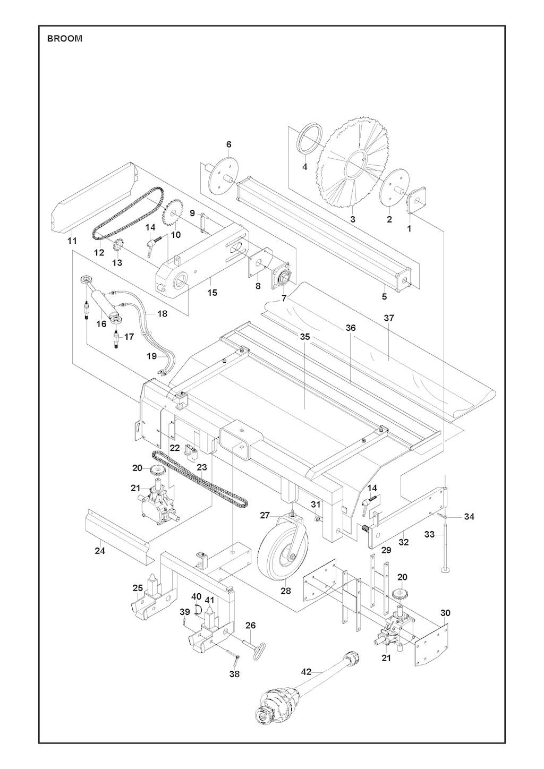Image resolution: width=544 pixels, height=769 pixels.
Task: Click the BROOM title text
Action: pyautogui.click(x=65, y=39)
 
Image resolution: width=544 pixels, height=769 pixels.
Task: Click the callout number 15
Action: pyautogui.click(x=212, y=293)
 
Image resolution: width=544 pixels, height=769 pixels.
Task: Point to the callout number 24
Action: pyautogui.click(x=100, y=551)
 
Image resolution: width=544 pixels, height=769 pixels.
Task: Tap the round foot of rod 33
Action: pyautogui.click(x=445, y=570)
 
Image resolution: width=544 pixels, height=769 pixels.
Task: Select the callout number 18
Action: pyautogui.click(x=162, y=314)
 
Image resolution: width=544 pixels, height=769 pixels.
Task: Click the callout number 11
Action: pyautogui.click(x=72, y=241)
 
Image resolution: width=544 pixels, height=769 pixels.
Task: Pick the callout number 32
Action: pyautogui.click(x=404, y=542)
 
